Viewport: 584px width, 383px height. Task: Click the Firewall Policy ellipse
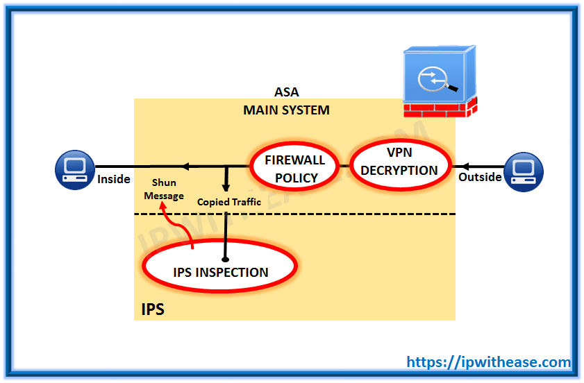coord(294,142)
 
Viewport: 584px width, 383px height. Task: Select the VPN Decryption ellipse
coord(401,139)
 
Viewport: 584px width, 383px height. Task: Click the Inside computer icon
coord(75,170)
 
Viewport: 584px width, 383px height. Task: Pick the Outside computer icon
coord(524,171)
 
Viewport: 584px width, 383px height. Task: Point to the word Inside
coord(114,179)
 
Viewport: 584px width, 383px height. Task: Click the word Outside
coord(480,177)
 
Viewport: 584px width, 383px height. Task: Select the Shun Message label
coord(164,189)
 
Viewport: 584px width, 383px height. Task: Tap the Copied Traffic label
coord(228,202)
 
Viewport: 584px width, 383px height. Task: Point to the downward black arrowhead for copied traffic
coord(226,186)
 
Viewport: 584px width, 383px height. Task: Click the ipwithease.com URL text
coord(488,361)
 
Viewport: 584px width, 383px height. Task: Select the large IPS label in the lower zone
coord(153,309)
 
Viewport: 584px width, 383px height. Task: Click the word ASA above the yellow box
coord(286,92)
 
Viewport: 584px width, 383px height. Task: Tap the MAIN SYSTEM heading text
coord(286,110)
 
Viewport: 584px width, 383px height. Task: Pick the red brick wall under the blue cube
coord(440,108)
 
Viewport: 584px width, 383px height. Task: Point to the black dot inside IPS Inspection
coord(225,259)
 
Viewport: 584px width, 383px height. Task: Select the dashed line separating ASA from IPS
coord(294,214)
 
